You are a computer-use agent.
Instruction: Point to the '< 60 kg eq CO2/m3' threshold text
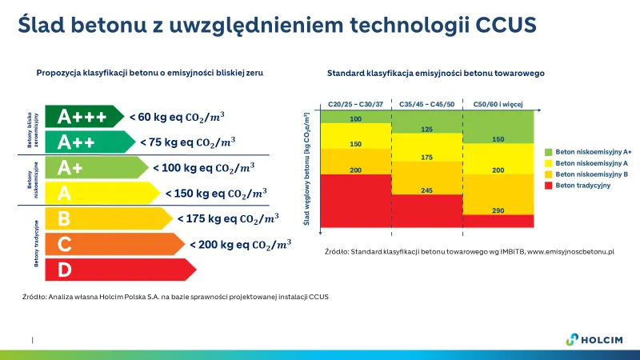pos(177,117)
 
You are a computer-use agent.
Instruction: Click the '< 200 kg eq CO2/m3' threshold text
pos(240,244)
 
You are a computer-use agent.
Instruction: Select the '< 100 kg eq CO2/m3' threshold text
pos(204,168)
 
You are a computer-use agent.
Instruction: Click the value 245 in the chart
pos(426,190)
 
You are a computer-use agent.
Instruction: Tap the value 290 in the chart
pos(498,210)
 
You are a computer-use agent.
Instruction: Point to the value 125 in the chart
pos(426,129)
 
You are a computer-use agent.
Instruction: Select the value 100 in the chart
pos(356,119)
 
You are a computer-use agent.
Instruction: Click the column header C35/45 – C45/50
pos(426,104)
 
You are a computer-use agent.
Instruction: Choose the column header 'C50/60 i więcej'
pos(498,104)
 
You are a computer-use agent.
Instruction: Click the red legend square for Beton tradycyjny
pos(549,186)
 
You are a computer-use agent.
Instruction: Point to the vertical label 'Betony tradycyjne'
pos(36,243)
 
